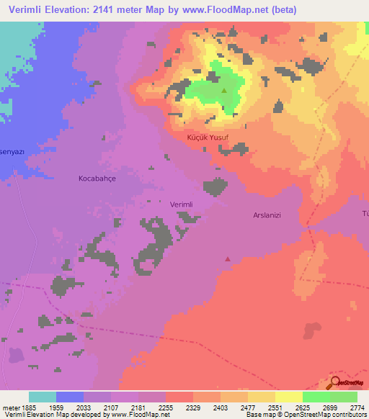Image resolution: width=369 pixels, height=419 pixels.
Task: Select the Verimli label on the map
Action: (x=181, y=204)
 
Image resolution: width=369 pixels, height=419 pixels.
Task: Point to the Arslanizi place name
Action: (x=270, y=215)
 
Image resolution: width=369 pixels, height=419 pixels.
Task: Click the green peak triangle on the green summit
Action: (x=223, y=91)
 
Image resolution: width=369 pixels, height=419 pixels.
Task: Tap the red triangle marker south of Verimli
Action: (x=228, y=258)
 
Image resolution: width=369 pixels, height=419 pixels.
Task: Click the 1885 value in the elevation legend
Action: (x=28, y=407)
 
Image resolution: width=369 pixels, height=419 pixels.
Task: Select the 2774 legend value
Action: (x=357, y=407)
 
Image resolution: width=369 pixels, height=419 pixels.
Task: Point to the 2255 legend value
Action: (x=165, y=407)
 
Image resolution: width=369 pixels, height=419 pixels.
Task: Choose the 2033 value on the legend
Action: (x=83, y=407)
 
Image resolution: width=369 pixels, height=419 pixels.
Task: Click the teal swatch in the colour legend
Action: (x=43, y=397)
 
